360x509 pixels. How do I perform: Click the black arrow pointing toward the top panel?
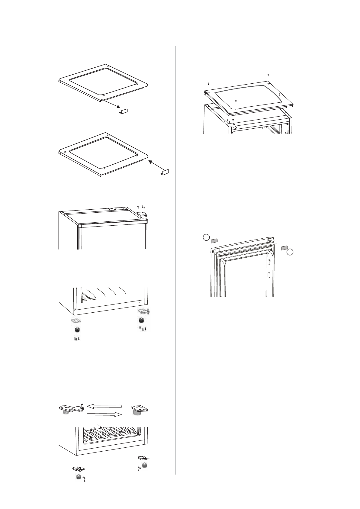coord(156,166)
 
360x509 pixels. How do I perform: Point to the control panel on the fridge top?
coord(117,209)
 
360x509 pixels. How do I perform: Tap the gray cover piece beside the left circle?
coord(214,240)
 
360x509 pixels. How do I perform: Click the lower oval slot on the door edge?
coord(269,275)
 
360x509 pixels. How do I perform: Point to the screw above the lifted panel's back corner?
coord(268,75)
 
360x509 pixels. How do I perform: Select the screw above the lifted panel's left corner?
coord(208,83)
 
